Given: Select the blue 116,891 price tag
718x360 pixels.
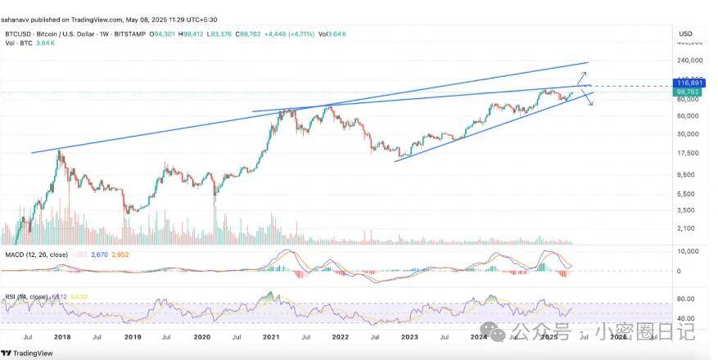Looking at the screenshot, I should pos(689,83).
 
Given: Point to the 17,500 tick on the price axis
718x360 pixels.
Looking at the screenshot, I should pos(689,154).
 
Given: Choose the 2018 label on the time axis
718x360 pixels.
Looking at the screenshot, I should pos(63,336).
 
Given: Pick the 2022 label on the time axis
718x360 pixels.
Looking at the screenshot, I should pos(342,336).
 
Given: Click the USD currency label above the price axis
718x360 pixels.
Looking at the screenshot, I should pos(686,34).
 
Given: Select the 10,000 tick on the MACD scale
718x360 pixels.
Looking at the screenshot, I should pos(689,251).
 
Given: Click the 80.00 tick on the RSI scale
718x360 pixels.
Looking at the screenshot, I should pos(688,299).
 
